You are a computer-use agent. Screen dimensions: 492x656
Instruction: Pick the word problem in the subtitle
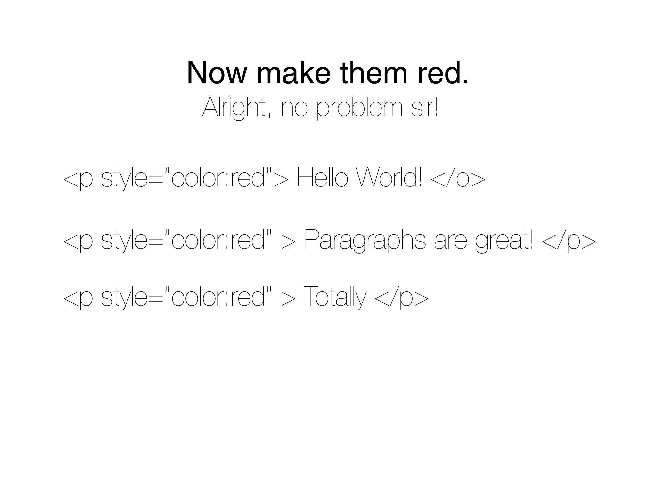[359, 109]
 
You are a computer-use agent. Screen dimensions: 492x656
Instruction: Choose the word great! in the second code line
[504, 241]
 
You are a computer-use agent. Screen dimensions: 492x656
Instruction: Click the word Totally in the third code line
[334, 297]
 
